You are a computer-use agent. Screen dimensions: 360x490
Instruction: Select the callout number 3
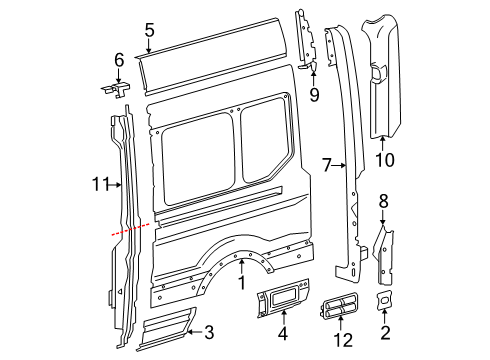209,331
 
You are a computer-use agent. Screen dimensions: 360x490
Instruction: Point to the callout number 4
281,333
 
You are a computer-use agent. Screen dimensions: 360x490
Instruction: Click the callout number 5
149,30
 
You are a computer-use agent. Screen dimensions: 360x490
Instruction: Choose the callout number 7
326,163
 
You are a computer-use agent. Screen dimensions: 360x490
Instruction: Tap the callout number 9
313,96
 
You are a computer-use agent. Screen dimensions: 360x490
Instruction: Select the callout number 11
98,183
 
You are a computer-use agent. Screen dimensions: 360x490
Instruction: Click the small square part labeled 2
384,303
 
